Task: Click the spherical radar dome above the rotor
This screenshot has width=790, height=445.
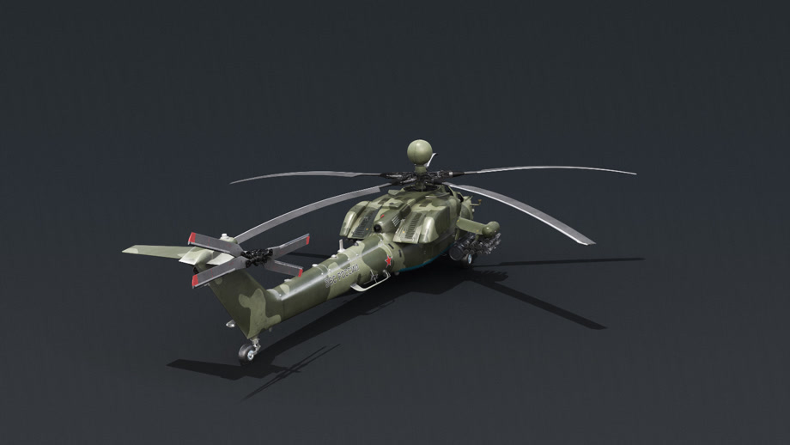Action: pyautogui.click(x=419, y=151)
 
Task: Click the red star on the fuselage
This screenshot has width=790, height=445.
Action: pyautogui.click(x=389, y=261)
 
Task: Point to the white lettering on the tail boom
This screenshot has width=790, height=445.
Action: pyautogui.click(x=339, y=276)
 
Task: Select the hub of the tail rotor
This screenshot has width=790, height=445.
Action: pyautogui.click(x=253, y=254)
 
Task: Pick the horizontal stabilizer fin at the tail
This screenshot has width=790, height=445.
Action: pyautogui.click(x=155, y=250)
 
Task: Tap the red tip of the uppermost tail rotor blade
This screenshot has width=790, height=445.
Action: pyautogui.click(x=193, y=238)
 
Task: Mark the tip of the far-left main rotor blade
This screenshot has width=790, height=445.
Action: pyautogui.click(x=233, y=182)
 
